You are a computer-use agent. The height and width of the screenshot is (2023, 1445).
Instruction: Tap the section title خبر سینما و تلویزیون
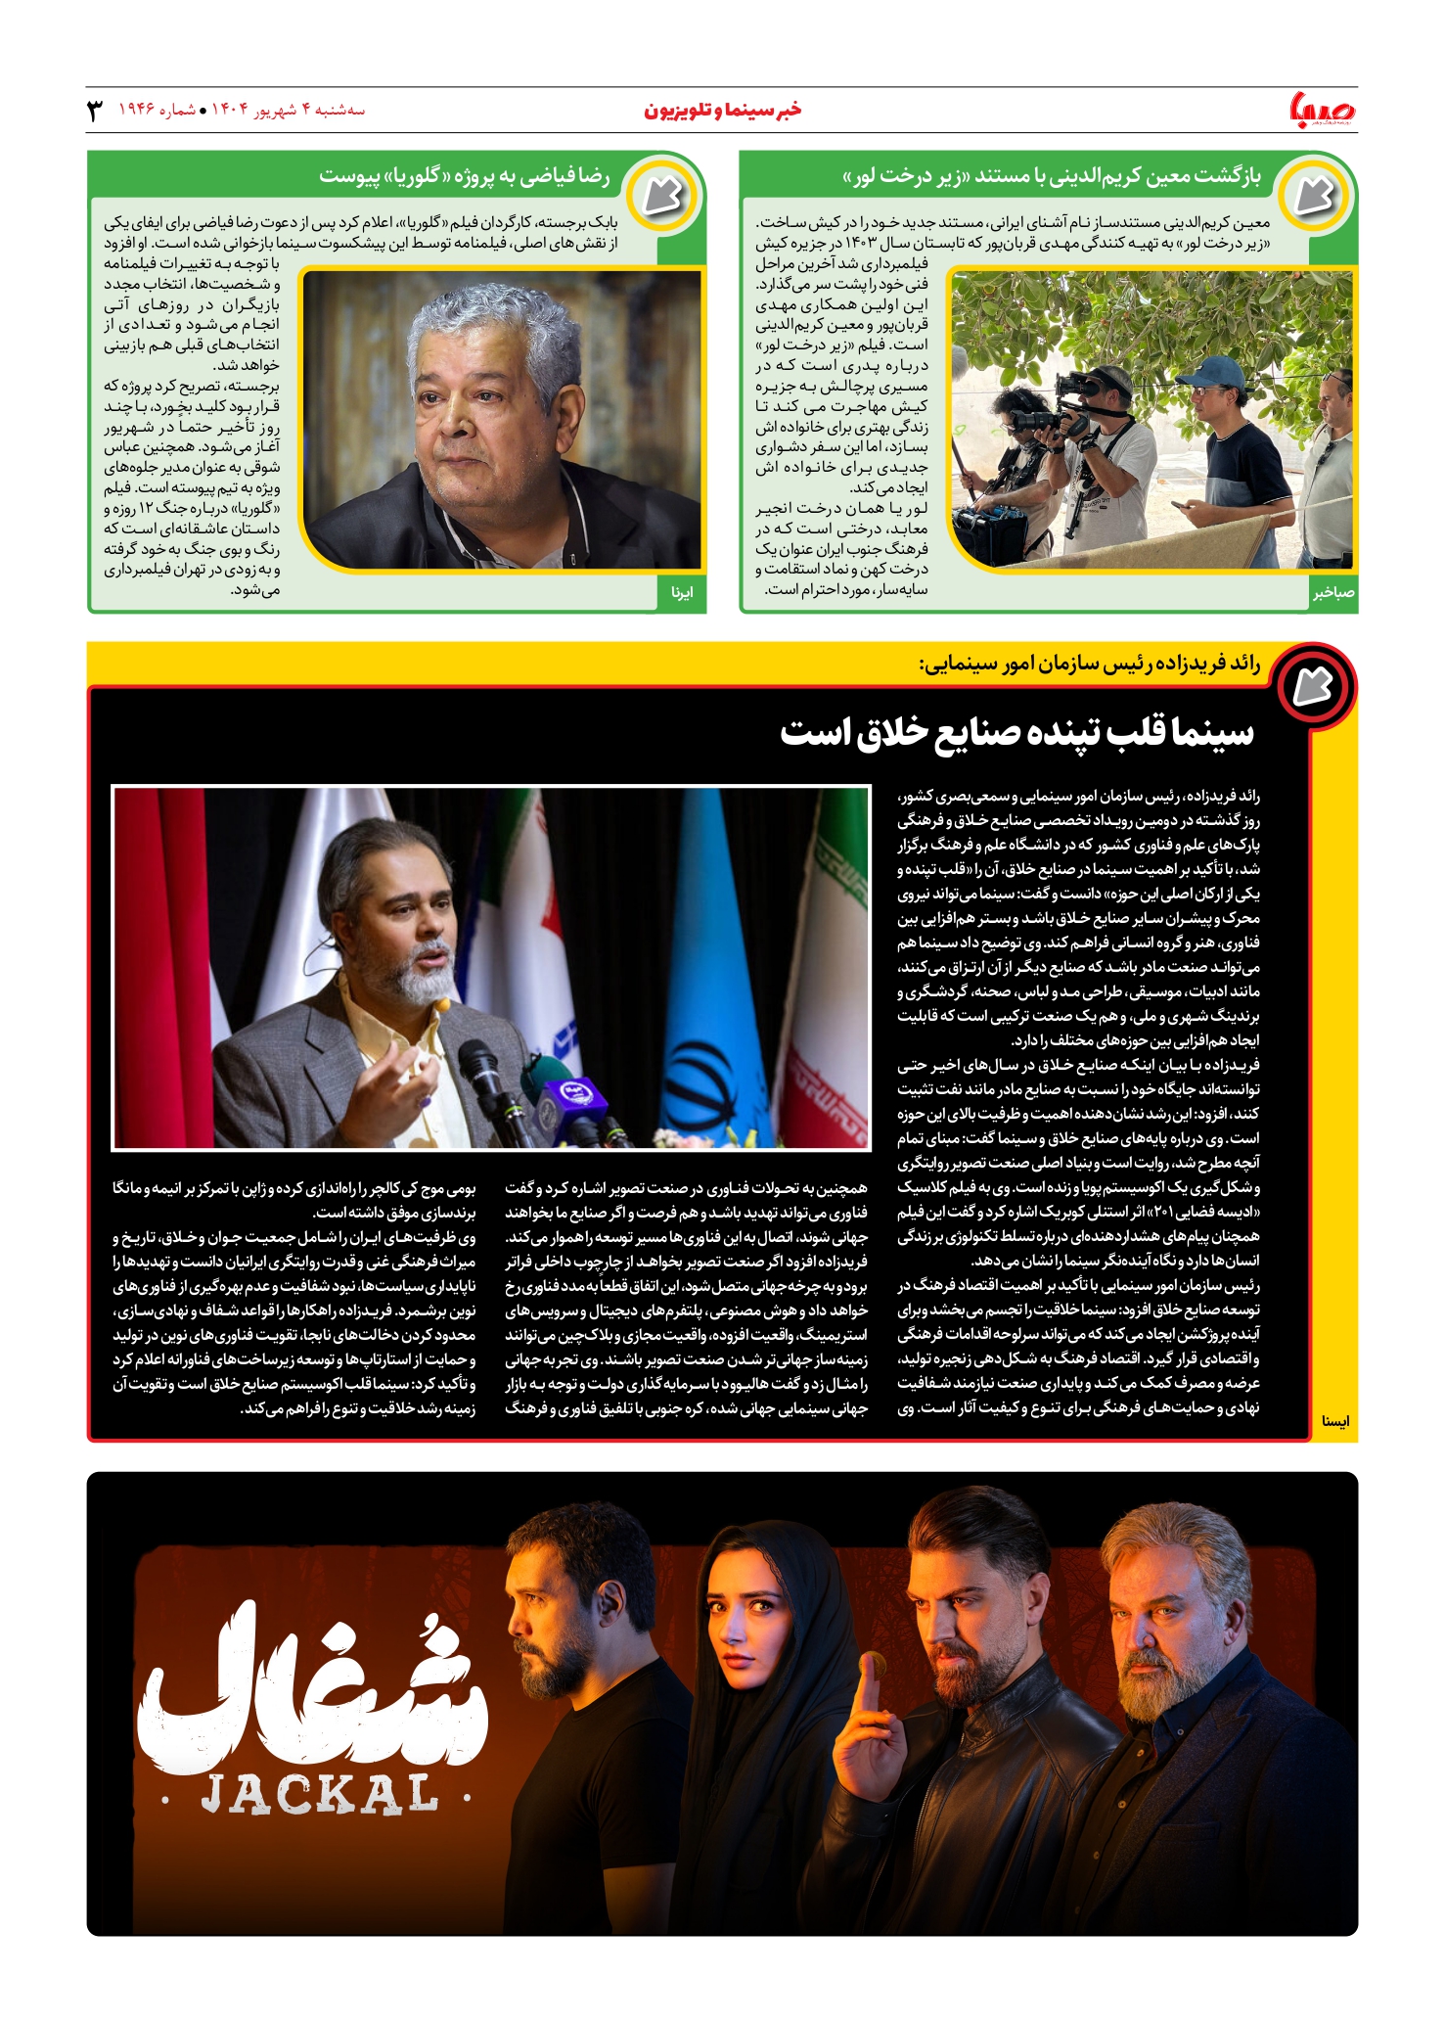click(x=722, y=111)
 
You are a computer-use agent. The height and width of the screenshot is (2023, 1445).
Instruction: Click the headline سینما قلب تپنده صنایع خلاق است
click(x=1016, y=732)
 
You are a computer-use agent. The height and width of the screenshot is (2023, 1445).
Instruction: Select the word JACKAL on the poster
click(x=319, y=1795)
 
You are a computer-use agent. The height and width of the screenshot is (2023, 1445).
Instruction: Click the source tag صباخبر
click(x=1333, y=593)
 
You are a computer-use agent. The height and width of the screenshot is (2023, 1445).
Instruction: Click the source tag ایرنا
click(x=682, y=593)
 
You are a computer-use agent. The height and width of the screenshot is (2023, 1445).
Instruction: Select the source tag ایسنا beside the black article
click(x=1334, y=1420)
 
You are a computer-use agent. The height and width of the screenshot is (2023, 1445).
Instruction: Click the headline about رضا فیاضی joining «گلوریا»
click(x=464, y=177)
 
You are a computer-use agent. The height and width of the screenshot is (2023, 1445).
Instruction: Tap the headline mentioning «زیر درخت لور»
click(x=1052, y=177)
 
